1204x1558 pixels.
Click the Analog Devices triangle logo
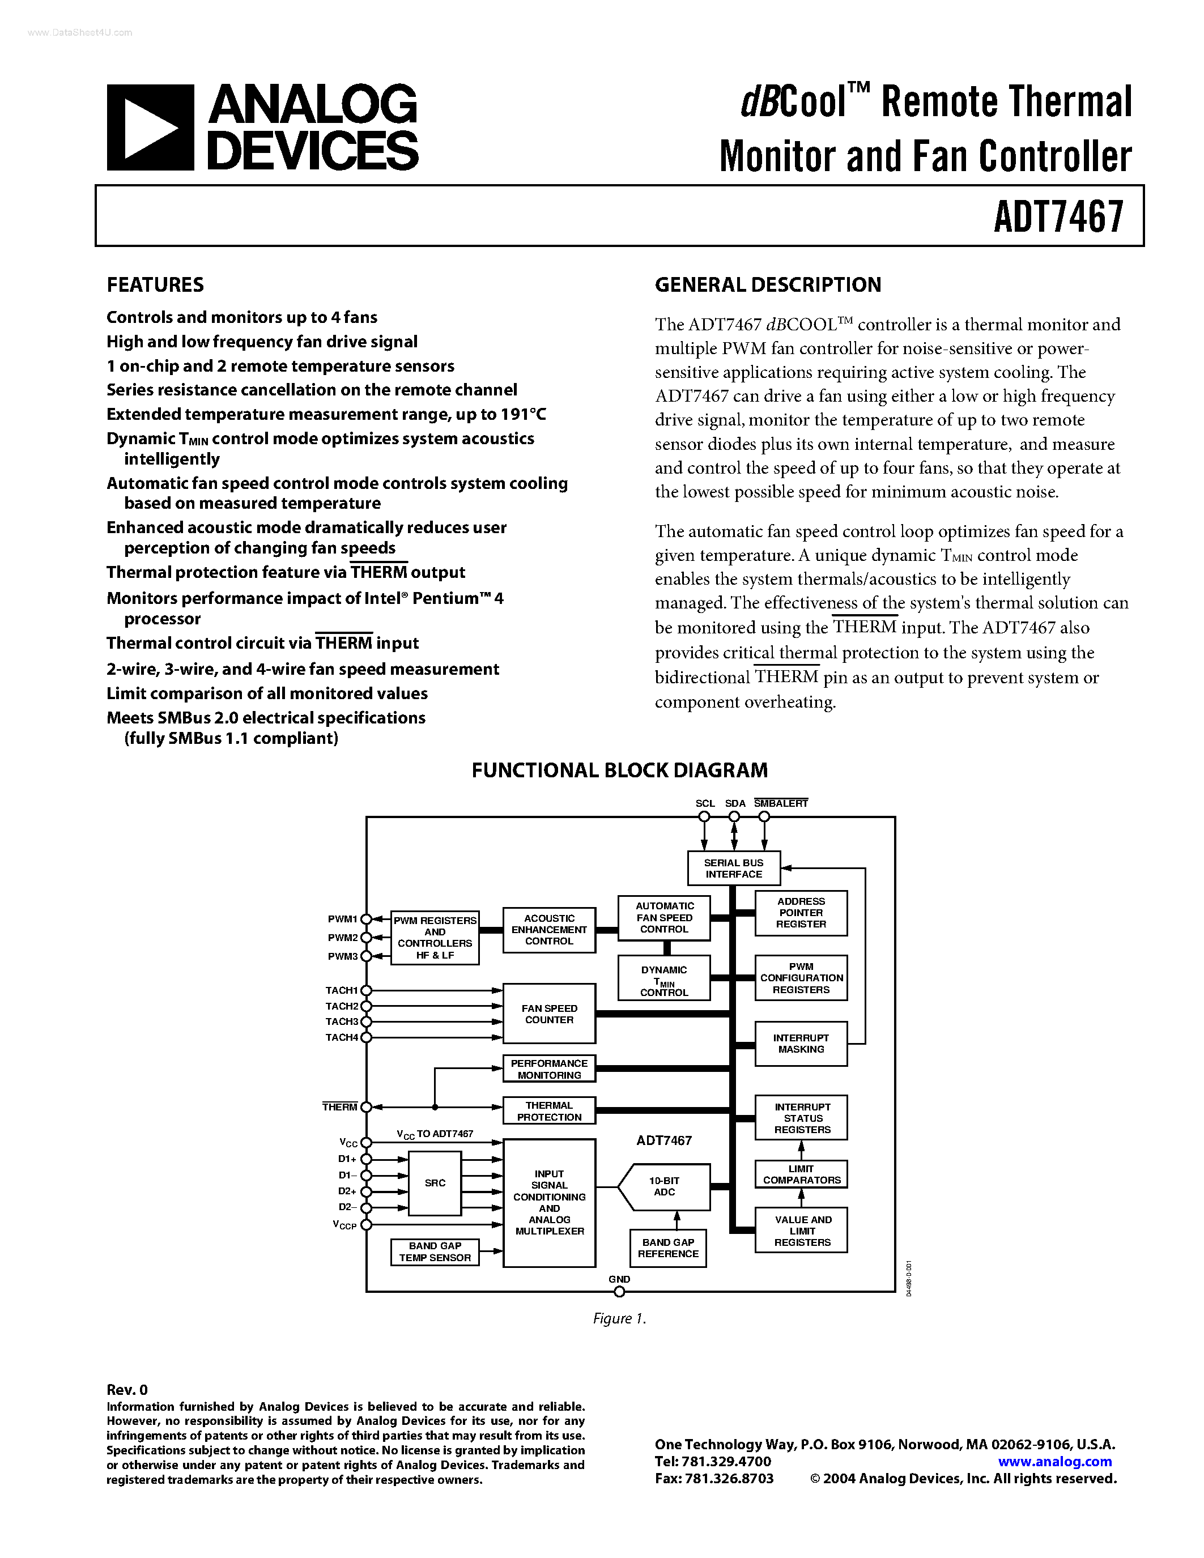point(150,127)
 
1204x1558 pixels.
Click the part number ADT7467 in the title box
point(1058,216)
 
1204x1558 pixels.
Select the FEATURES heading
point(155,284)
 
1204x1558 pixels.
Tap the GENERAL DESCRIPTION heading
point(768,284)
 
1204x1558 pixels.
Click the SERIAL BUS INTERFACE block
point(733,868)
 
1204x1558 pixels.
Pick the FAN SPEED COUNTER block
point(548,1014)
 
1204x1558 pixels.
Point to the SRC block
point(435,1183)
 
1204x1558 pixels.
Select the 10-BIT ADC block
point(664,1186)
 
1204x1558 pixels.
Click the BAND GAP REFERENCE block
point(667,1248)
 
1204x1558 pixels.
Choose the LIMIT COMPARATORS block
point(801,1174)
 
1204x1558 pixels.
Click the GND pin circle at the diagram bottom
point(619,1292)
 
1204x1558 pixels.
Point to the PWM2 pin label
point(342,938)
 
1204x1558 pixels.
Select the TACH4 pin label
point(342,1037)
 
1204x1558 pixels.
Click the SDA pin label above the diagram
point(735,803)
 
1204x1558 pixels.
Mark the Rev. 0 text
point(127,1389)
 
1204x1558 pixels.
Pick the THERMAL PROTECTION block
point(548,1111)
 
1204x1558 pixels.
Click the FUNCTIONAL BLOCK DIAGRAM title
point(619,771)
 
